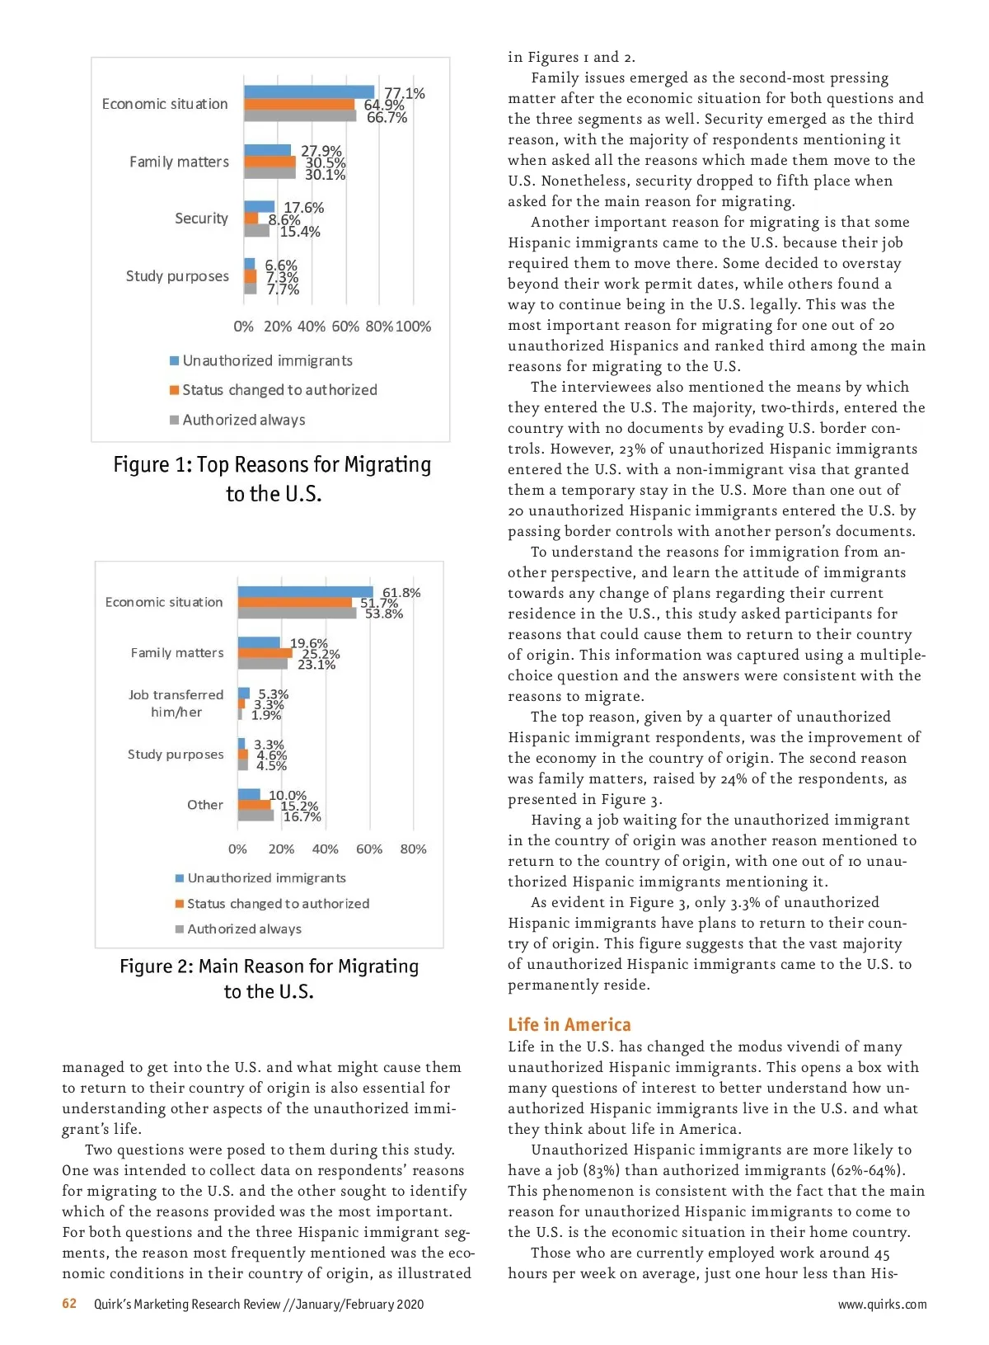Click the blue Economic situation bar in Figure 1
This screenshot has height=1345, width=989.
click(x=309, y=92)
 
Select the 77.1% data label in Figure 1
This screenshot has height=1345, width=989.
click(x=405, y=93)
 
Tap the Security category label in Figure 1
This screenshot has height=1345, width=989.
click(x=201, y=219)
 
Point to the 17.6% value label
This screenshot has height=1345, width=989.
click(x=303, y=208)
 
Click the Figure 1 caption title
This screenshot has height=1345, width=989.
click(x=272, y=479)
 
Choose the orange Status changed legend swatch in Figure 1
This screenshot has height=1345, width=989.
click(x=175, y=390)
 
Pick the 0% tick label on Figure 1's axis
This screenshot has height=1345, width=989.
click(x=243, y=327)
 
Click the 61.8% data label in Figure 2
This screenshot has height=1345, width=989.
click(x=401, y=593)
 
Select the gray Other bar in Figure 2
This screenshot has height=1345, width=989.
click(x=255, y=816)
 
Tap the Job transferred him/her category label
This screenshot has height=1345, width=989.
click(x=176, y=703)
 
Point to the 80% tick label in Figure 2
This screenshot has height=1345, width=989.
click(x=413, y=849)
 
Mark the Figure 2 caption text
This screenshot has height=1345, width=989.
click(x=269, y=979)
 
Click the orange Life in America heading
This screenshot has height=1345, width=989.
click(x=569, y=1025)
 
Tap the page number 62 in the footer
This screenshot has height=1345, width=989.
click(x=69, y=1304)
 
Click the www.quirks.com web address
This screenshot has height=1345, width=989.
click(x=882, y=1305)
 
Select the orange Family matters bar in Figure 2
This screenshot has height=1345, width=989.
click(x=265, y=653)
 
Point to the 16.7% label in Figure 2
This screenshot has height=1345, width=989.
click(x=302, y=816)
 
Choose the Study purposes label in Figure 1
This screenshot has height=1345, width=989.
click(x=177, y=276)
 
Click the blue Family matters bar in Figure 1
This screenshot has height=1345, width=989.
click(x=267, y=150)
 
